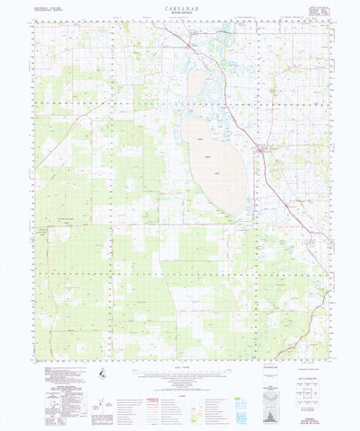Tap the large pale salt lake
tap(212, 162)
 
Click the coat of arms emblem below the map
tap(101, 374)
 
